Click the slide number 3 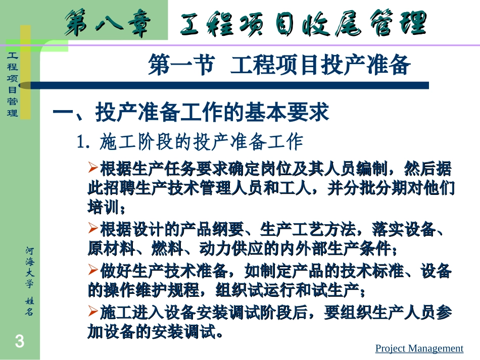point(19,342)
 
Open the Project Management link point(419,348)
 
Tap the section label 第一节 point(180,66)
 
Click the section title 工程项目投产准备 point(320,66)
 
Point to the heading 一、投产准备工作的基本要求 point(191,113)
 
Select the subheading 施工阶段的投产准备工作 point(201,142)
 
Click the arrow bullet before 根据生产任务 point(93,167)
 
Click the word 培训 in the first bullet point(102,208)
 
